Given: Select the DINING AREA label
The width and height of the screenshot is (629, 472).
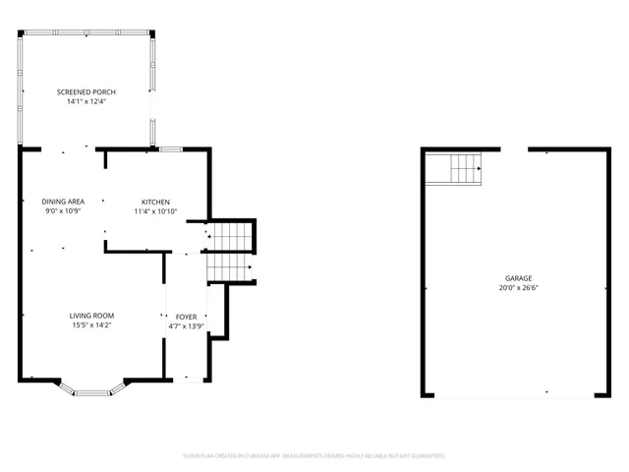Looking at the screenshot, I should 63,201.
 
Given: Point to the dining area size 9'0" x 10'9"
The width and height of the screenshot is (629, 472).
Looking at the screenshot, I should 63,210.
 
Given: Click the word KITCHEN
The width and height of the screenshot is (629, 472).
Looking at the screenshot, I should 155,201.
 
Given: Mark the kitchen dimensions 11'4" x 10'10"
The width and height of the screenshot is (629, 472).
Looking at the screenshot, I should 155,210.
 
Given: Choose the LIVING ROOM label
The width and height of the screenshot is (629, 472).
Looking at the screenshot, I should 91,316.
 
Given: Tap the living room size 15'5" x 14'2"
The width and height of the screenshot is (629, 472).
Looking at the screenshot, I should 91,325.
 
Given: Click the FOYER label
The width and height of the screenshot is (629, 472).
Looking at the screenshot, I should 186,317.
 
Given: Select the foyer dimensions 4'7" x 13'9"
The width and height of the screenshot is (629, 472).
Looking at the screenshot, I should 186,326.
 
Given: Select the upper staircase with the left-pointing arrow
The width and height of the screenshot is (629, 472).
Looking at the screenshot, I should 229,236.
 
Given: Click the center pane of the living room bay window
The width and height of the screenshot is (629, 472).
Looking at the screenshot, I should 91,393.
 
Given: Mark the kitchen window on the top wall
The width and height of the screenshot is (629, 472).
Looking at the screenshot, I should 171,149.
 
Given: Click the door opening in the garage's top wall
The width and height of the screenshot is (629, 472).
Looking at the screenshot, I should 515,149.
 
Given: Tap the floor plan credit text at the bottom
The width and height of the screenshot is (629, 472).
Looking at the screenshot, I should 314,456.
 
